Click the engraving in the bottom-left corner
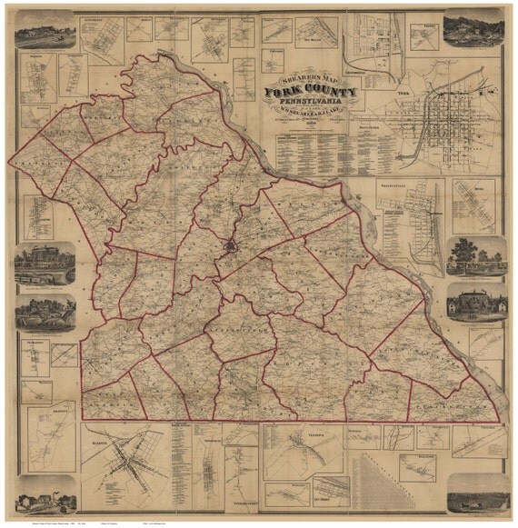[x=45, y=493]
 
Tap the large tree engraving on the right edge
[x=476, y=255]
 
